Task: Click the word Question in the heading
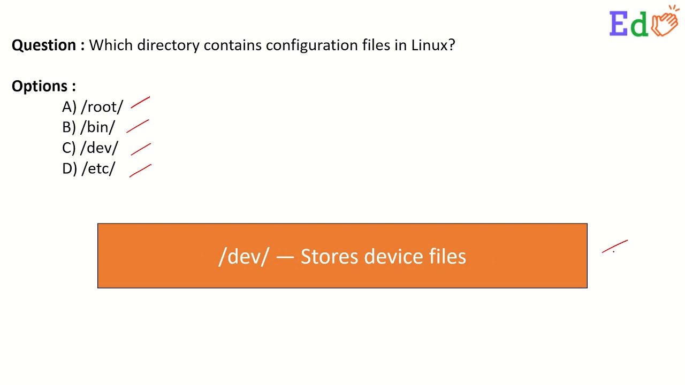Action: pos(44,45)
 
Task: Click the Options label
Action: pos(43,86)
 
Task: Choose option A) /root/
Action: pos(93,107)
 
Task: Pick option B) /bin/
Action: pos(88,127)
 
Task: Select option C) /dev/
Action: pos(90,148)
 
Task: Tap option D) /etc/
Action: pos(88,168)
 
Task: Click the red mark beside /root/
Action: pos(140,103)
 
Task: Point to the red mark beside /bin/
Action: pos(138,126)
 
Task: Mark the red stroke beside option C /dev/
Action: pos(141,149)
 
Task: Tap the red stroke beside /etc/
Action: pos(141,171)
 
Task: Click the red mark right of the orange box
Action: pos(615,247)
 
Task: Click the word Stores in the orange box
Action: pos(329,257)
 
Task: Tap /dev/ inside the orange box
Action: pos(243,257)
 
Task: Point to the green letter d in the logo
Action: pos(639,25)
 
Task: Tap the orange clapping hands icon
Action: pos(665,22)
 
